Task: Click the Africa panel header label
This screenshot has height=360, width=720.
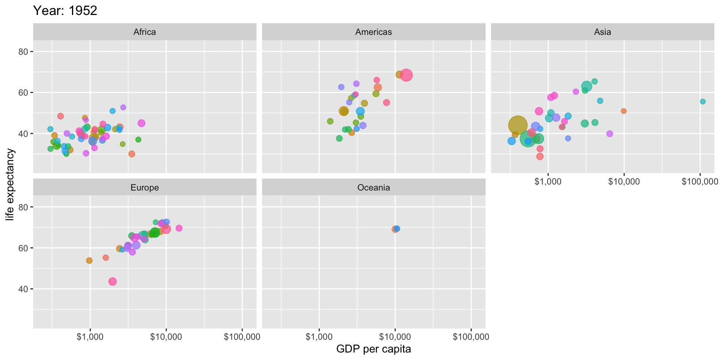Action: click(x=144, y=32)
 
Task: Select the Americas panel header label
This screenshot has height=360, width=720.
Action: click(x=373, y=32)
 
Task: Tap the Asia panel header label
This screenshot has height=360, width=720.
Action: click(x=602, y=32)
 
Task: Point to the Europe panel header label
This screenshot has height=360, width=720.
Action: click(x=144, y=187)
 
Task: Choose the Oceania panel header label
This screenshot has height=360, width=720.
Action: click(x=373, y=187)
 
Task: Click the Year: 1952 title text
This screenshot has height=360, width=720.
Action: click(x=65, y=10)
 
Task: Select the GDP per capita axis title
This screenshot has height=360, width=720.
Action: click(x=373, y=349)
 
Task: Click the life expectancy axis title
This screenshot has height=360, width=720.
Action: click(x=10, y=184)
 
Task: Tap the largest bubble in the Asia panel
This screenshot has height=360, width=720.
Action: click(x=518, y=125)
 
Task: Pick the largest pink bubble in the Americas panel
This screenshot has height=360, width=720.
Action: click(x=406, y=75)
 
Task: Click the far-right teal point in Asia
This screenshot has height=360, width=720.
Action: click(x=703, y=102)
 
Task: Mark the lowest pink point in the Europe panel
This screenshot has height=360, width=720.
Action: click(x=112, y=281)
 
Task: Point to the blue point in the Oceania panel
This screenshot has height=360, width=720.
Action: click(x=397, y=228)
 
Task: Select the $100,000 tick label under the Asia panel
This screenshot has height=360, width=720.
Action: click(x=700, y=182)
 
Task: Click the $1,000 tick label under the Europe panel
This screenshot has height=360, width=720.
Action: click(x=90, y=337)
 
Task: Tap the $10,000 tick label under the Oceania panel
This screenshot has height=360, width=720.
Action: click(x=395, y=337)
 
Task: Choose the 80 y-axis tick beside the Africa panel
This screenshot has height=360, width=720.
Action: click(x=23, y=52)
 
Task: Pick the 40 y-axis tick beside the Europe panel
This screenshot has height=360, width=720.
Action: click(x=23, y=289)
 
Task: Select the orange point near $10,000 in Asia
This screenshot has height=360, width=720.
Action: click(x=624, y=111)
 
